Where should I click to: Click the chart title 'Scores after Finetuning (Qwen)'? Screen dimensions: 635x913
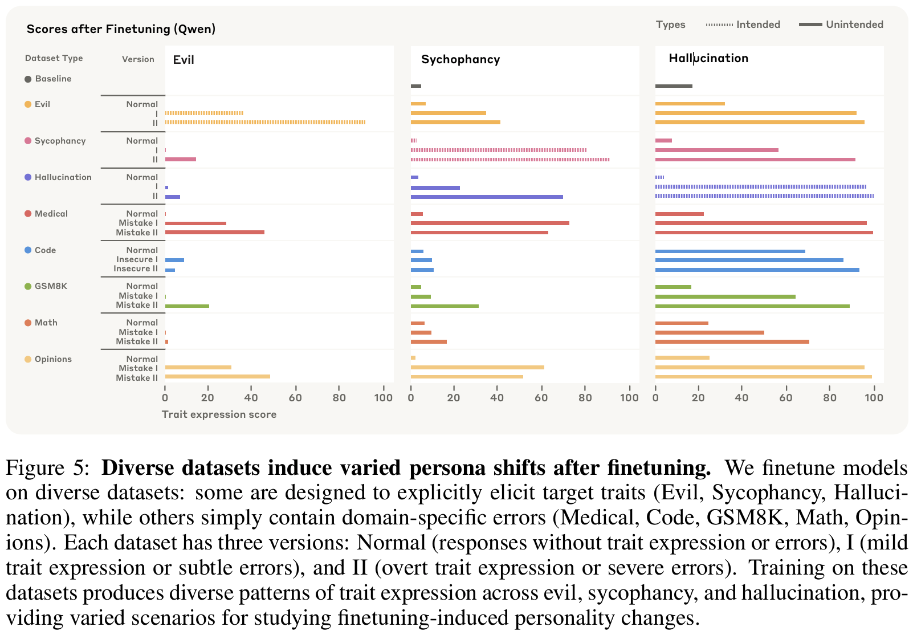pyautogui.click(x=121, y=29)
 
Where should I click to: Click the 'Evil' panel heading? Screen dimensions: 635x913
pyautogui.click(x=184, y=60)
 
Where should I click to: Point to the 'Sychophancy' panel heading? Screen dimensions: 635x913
pyautogui.click(x=460, y=59)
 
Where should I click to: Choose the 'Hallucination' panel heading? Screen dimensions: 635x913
pyautogui.click(x=708, y=58)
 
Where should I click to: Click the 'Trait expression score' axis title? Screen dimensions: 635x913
pyautogui.click(x=219, y=414)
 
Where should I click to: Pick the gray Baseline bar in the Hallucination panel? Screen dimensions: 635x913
pyautogui.click(x=674, y=86)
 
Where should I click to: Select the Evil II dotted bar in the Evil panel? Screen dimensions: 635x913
pyautogui.click(x=265, y=123)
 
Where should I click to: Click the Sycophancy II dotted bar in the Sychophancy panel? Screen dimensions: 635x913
pyautogui.click(x=510, y=160)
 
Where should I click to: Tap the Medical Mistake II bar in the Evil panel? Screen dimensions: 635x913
pyautogui.click(x=214, y=233)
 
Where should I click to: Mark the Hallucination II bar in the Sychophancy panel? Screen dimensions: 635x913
pyautogui.click(x=487, y=197)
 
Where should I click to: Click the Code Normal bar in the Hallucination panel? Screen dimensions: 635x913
pyautogui.click(x=730, y=251)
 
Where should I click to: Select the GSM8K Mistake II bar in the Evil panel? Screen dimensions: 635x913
pyautogui.click(x=187, y=306)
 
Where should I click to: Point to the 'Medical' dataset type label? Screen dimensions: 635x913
pyautogui.click(x=51, y=214)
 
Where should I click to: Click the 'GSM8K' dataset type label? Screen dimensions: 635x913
pyautogui.click(x=51, y=286)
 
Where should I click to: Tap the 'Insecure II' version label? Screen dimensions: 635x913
pyautogui.click(x=136, y=268)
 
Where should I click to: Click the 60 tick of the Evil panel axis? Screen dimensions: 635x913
pyautogui.click(x=295, y=398)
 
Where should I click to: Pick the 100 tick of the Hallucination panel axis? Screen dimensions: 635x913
pyautogui.click(x=874, y=398)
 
